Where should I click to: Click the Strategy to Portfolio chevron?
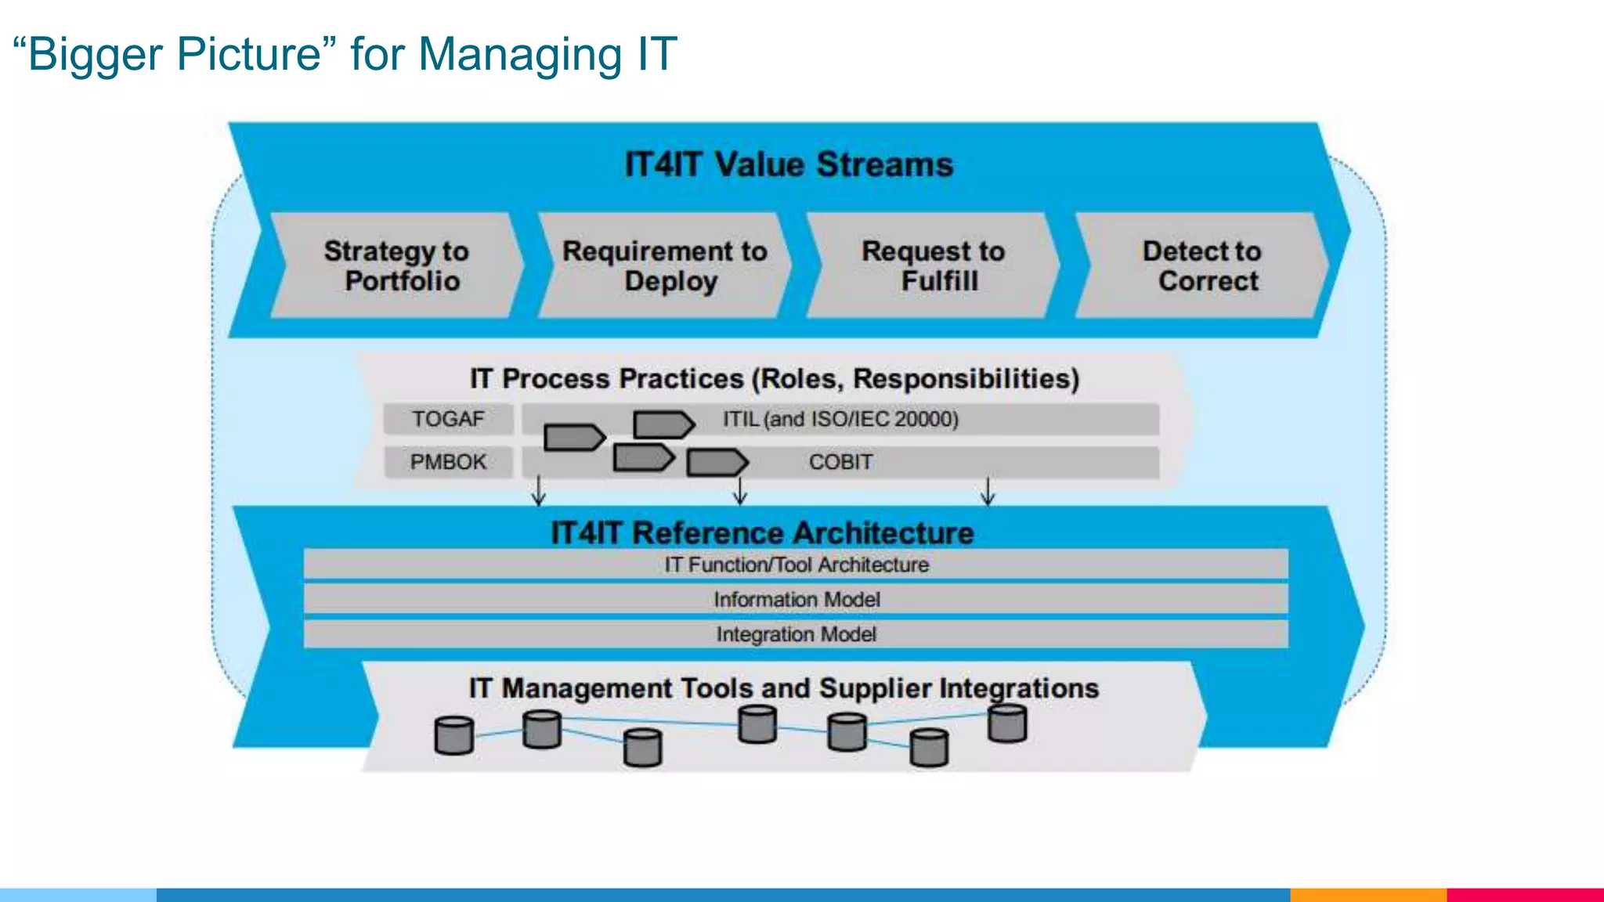[396, 265]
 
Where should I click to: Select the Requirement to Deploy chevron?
[665, 265]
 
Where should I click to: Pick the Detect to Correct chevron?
[1202, 265]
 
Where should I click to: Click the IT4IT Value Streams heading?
[789, 165]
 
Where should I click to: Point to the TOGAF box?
[448, 419]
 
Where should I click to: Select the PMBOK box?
[448, 462]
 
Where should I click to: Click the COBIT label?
[840, 462]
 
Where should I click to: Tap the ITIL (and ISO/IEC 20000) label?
[840, 419]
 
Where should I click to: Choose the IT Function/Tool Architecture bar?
[796, 565]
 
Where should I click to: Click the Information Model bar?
[796, 600]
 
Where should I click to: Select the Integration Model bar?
[796, 634]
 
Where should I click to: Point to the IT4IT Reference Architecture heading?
[762, 533]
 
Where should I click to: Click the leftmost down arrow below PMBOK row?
[539, 491]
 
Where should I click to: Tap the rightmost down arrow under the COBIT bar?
[988, 491]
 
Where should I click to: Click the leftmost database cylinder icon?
[454, 735]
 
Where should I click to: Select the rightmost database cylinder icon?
[1007, 723]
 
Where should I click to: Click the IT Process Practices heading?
[774, 379]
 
